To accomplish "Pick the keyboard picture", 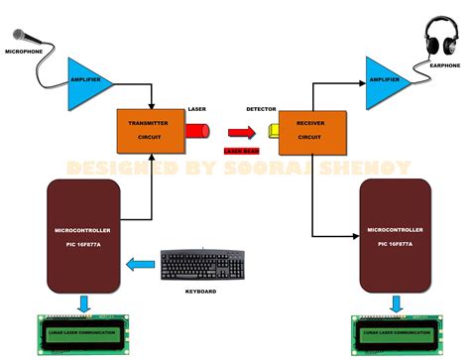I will click(x=200, y=266).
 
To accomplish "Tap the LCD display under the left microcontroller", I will click(x=83, y=332).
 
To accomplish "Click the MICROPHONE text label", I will click(x=24, y=50).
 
